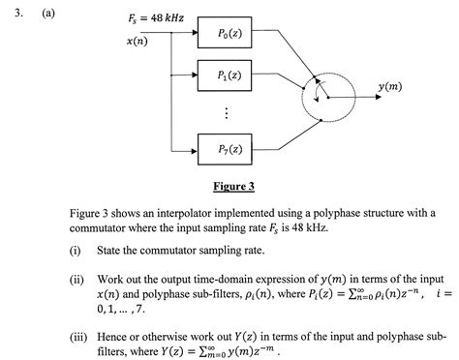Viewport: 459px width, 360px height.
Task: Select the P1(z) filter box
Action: point(231,75)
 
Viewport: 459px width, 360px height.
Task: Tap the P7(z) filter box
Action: point(231,149)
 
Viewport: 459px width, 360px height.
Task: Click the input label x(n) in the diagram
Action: point(137,43)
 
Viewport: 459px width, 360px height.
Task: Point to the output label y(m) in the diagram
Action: point(391,87)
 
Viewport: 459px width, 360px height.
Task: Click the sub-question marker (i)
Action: point(75,249)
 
